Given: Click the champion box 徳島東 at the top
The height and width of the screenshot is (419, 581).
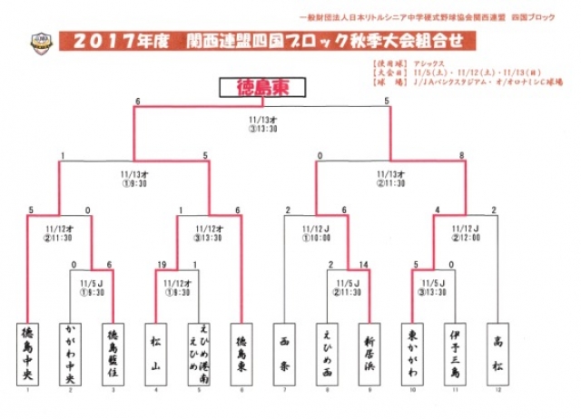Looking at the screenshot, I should pos(261,88).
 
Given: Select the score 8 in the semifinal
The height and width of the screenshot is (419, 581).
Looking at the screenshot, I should pos(462,156).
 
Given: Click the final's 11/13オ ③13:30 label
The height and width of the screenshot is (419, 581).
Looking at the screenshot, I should pos(261,123).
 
